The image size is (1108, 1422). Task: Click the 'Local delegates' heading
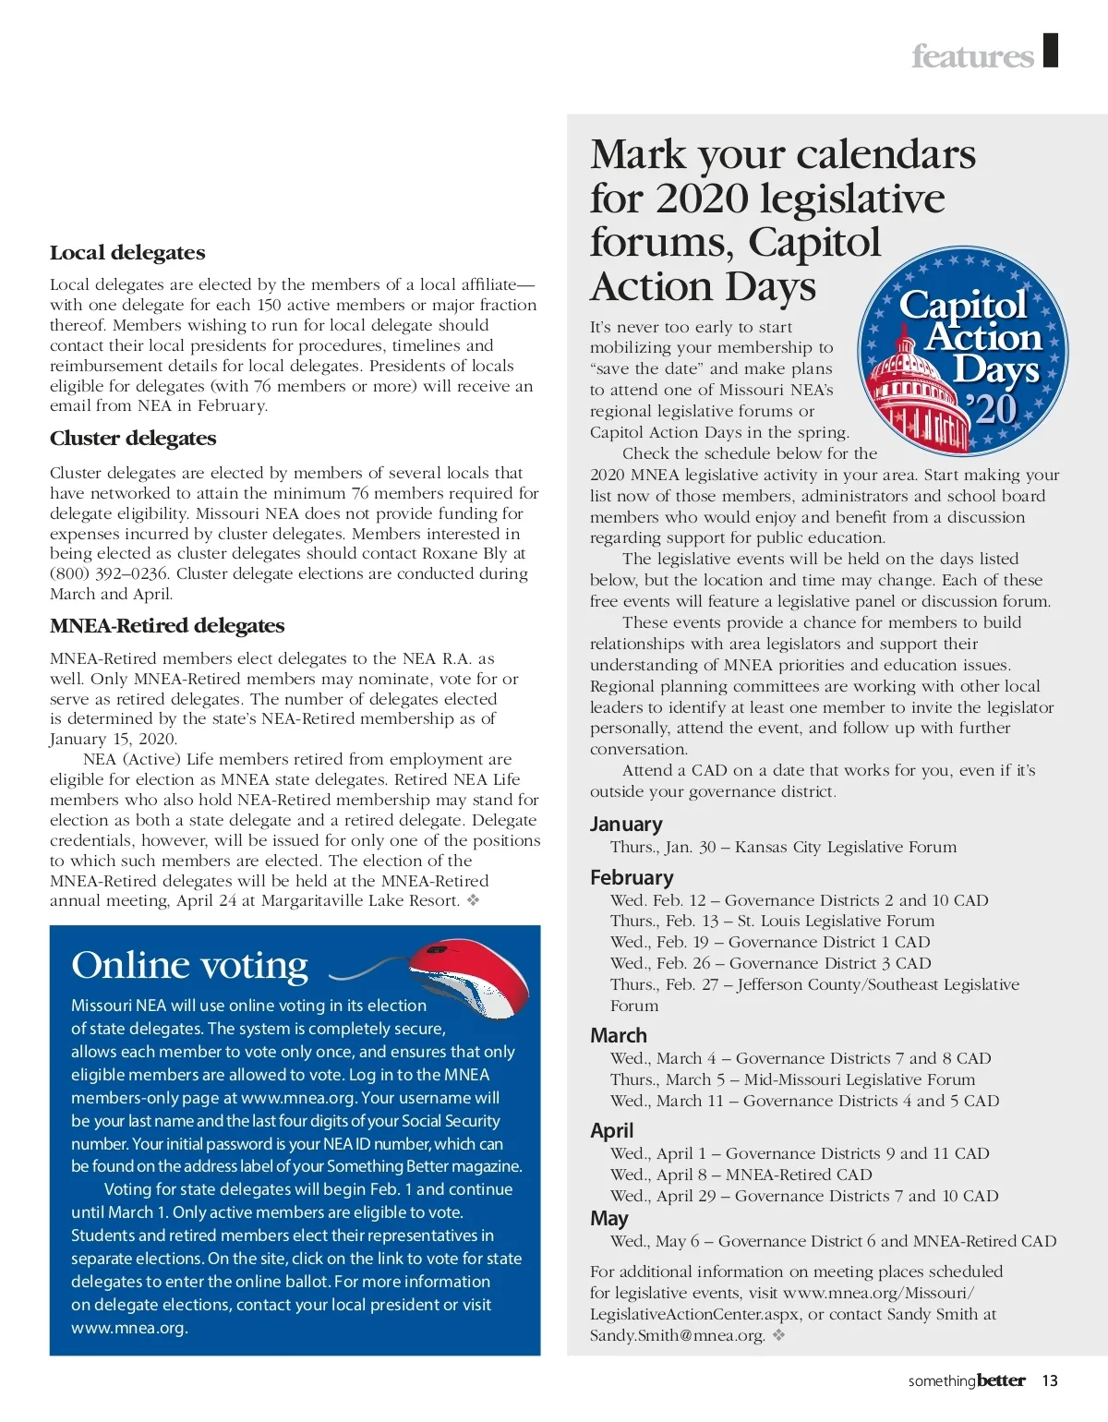127,253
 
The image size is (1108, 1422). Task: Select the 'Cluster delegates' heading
133,439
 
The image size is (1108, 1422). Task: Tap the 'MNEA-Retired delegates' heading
167,626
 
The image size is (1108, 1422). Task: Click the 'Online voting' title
189,965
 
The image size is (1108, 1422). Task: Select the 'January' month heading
626,825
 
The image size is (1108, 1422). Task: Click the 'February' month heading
632,877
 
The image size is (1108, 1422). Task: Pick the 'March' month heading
619,1036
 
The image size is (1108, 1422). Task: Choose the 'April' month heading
611,1131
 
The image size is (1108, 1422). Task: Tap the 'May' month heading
608,1219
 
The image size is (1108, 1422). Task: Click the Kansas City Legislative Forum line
783,848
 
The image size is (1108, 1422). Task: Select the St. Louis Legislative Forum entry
772,922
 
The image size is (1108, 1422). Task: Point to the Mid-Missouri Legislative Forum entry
792,1080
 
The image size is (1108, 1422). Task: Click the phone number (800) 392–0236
109,574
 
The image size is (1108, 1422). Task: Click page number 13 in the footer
1050,1381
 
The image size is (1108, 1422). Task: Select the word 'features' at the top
972,56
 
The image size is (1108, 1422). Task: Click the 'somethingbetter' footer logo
967,1381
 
